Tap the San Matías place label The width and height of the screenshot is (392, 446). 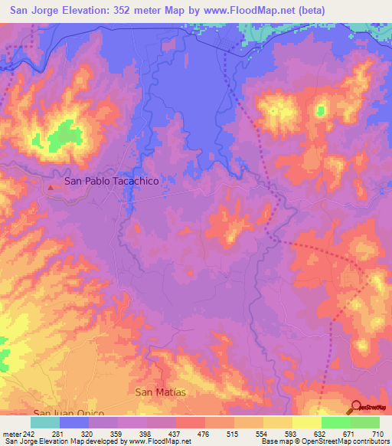[x=160, y=392]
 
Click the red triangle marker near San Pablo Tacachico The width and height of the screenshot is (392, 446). [x=51, y=186]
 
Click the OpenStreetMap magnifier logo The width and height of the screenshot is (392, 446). [x=357, y=407]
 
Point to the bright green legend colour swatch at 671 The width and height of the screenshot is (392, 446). [x=335, y=422]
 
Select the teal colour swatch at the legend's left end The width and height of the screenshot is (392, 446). [x=45, y=422]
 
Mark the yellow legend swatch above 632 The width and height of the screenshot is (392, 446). [x=306, y=422]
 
